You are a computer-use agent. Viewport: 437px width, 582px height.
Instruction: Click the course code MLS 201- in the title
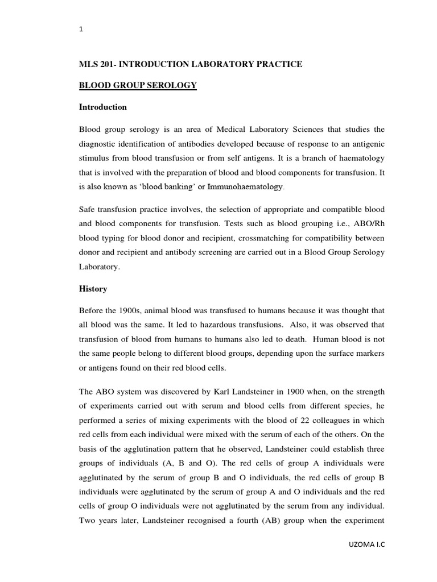pos(97,64)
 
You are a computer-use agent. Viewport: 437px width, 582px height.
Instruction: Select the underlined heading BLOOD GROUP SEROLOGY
pos(137,85)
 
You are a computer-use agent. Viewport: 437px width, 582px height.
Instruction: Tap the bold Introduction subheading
pos(102,107)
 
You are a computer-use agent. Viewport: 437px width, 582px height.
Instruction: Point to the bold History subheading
pos(93,289)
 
